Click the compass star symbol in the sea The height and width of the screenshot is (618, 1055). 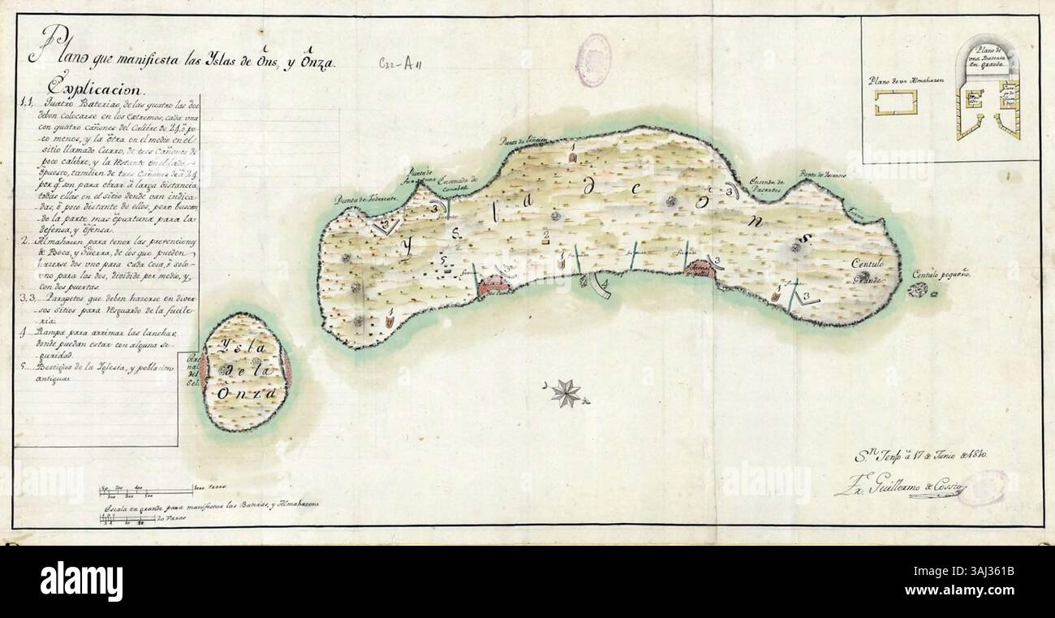(565, 393)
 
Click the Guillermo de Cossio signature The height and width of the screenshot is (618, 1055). (900, 488)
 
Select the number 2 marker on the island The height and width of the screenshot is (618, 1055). (546, 236)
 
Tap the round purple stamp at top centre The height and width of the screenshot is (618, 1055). (592, 54)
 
